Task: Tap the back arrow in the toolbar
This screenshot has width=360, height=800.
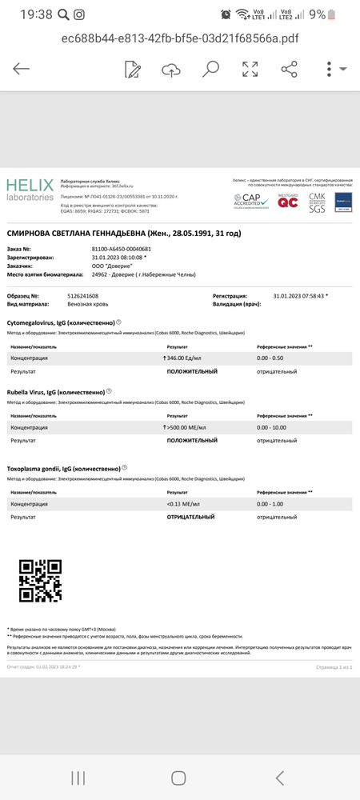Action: click(x=22, y=69)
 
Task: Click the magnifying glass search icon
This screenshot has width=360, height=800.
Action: click(x=210, y=69)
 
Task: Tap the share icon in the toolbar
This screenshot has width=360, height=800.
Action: click(x=289, y=69)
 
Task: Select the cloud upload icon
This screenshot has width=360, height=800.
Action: click(x=171, y=70)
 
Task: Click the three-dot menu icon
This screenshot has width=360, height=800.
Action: click(x=329, y=69)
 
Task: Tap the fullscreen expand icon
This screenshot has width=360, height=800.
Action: click(x=250, y=69)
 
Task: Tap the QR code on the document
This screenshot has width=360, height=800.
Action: click(x=40, y=580)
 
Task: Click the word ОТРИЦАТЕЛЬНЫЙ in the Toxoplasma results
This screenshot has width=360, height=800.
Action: click(x=190, y=517)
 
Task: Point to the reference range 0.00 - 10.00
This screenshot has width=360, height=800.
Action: click(x=274, y=428)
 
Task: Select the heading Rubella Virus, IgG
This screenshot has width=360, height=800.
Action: click(x=56, y=392)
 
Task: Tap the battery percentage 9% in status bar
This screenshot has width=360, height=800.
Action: click(x=318, y=14)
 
